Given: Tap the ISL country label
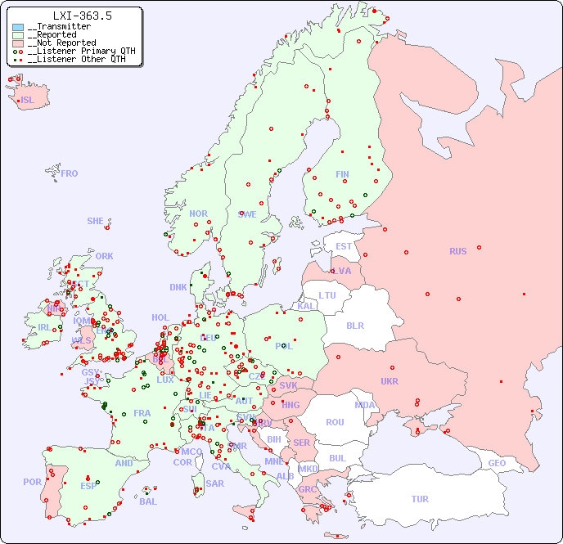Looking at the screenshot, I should click(x=28, y=101).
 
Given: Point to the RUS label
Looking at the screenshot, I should click(x=457, y=251).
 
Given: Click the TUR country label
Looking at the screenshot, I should click(x=420, y=499).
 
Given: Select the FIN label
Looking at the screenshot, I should click(x=342, y=174).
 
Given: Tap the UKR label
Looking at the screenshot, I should click(x=389, y=381).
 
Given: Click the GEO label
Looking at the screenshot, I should click(x=497, y=463).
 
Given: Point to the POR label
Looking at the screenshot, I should click(x=32, y=482).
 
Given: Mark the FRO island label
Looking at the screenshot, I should click(x=70, y=173).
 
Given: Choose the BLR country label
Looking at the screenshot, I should click(x=354, y=326).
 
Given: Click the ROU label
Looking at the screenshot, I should click(x=335, y=422).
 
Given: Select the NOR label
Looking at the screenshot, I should click(x=198, y=214).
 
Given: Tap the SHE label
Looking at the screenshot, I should click(x=96, y=221).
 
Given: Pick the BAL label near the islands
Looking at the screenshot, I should click(x=147, y=501).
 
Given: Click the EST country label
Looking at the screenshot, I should click(x=344, y=246).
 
